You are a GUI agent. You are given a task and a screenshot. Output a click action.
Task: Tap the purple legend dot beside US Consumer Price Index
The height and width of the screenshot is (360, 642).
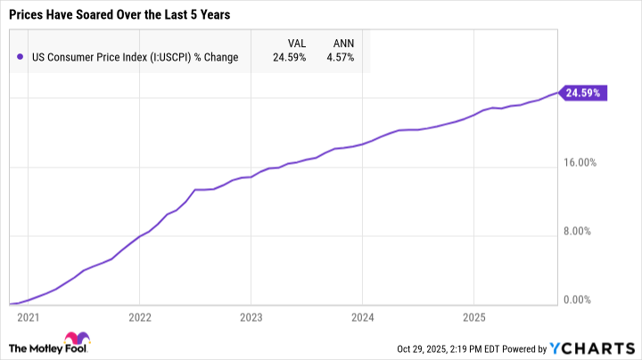click(21, 57)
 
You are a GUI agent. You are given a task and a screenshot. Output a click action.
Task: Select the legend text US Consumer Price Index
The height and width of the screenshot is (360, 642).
click(133, 57)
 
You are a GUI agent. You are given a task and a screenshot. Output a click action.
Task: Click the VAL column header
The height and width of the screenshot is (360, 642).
click(297, 41)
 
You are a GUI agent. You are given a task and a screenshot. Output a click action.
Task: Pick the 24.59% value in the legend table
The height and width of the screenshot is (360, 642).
click(291, 57)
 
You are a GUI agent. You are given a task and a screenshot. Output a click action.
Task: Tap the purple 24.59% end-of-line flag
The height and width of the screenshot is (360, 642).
click(584, 93)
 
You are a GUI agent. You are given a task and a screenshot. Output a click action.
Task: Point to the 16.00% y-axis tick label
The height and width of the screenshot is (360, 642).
click(585, 162)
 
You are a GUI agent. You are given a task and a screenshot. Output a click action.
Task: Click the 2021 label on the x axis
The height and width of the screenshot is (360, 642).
click(28, 316)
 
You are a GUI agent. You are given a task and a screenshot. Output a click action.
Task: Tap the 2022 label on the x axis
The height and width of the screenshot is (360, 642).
click(139, 316)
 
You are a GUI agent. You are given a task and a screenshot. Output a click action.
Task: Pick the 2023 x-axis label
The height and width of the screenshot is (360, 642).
click(251, 316)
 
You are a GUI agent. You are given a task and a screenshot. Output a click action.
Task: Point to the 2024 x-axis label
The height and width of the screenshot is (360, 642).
click(362, 316)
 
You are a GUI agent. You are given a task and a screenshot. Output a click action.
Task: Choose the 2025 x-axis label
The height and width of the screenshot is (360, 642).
click(473, 316)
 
